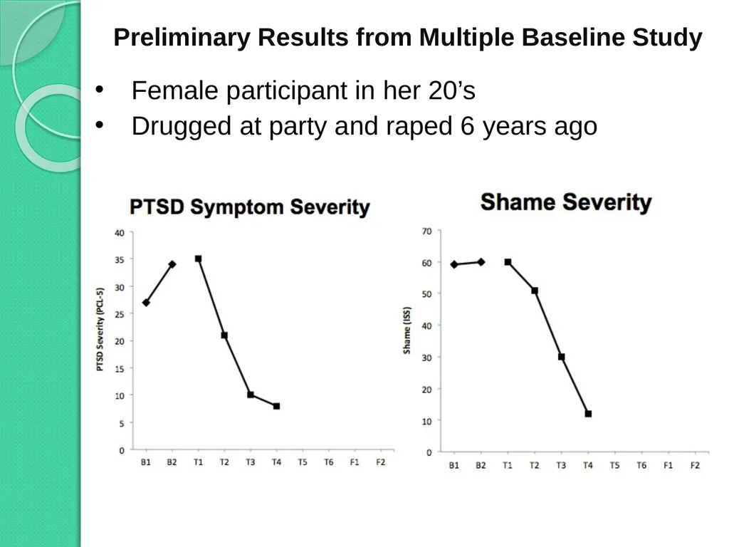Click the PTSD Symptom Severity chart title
(250, 207)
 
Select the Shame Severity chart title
(566, 203)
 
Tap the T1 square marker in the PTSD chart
(198, 259)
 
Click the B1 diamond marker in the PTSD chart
(146, 302)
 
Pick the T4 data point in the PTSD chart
(277, 406)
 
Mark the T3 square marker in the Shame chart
(561, 357)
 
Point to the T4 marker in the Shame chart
(588, 414)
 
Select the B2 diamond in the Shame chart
(481, 262)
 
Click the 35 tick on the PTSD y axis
(120, 259)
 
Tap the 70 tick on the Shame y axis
(427, 231)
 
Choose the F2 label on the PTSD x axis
(381, 462)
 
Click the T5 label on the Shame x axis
(614, 465)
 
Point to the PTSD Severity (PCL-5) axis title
(100, 329)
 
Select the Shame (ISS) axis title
(407, 330)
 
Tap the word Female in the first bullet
(175, 90)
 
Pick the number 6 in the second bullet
(467, 126)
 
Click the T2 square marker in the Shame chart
(535, 291)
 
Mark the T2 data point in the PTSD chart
(224, 335)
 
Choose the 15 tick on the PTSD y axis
(120, 368)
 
